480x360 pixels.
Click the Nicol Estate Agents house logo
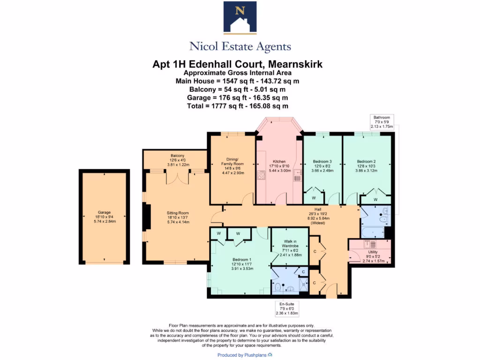coord(240,18)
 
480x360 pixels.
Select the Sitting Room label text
coord(177,217)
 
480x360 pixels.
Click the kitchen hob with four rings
coord(262,176)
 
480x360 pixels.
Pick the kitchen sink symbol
coord(297,175)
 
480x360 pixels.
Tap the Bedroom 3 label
coord(322,166)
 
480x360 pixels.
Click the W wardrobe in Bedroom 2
coord(376,200)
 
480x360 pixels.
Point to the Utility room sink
coord(373,244)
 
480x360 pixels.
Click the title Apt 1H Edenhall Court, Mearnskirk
coord(238,64)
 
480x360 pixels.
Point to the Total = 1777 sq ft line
coord(238,106)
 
